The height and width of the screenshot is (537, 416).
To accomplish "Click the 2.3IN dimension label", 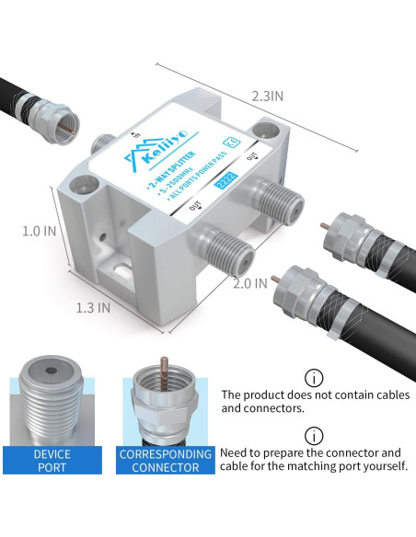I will tap(267, 96).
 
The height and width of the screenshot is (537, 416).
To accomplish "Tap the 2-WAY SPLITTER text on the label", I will tap(180, 166).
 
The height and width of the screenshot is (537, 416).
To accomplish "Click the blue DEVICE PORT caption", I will tap(52, 461).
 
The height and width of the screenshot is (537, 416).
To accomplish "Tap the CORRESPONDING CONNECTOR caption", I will tap(159, 461).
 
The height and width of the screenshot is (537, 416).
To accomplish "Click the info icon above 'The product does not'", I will tap(314, 378).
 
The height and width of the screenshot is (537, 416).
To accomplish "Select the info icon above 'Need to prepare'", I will tap(314, 436).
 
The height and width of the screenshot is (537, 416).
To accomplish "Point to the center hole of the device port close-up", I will tap(52, 377).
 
